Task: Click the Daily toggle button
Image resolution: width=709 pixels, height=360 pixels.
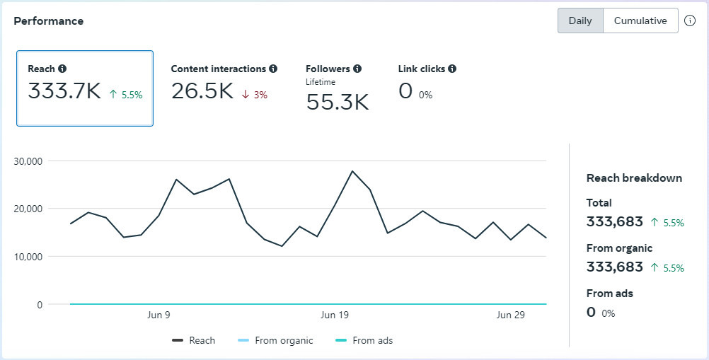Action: pyautogui.click(x=580, y=21)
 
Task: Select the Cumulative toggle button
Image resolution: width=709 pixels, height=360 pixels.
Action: pyautogui.click(x=640, y=21)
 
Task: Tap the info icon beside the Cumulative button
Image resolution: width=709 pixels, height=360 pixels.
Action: pyautogui.click(x=691, y=21)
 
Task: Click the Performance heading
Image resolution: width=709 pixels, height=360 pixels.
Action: pyautogui.click(x=49, y=21)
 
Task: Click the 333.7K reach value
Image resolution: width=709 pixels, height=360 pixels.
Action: pyautogui.click(x=64, y=91)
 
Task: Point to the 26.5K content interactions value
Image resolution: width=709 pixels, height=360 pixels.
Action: pyautogui.click(x=202, y=91)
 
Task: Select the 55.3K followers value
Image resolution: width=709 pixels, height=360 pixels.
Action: pyautogui.click(x=338, y=103)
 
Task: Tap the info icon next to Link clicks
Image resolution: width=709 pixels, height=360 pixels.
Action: pyautogui.click(x=452, y=69)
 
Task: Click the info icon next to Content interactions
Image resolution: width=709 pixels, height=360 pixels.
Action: pyautogui.click(x=273, y=69)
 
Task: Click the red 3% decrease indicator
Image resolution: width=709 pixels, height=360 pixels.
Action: pyautogui.click(x=255, y=95)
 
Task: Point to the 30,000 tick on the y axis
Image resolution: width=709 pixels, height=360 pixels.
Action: pyautogui.click(x=28, y=161)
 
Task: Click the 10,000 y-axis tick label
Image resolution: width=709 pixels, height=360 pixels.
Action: pyautogui.click(x=28, y=257)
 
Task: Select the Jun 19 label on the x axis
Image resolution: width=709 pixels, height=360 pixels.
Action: pyautogui.click(x=335, y=315)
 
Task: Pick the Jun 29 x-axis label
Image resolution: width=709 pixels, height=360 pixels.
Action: pyautogui.click(x=510, y=315)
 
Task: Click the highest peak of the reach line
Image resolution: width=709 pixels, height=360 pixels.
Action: pyautogui.click(x=352, y=171)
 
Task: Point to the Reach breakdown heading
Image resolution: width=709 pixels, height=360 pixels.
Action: pyautogui.click(x=634, y=178)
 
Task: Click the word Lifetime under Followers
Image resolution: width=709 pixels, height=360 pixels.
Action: pyautogui.click(x=321, y=82)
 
